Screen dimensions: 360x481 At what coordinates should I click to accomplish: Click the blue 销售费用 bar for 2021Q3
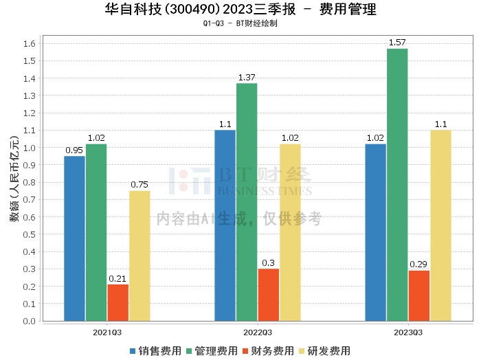pyautogui.click(x=74, y=238)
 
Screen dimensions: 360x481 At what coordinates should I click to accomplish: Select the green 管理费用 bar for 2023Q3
pyautogui.click(x=397, y=185)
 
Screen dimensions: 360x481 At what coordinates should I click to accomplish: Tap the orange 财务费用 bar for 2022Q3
pyautogui.click(x=269, y=295)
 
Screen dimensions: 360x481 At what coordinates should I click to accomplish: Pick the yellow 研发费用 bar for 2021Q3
pyautogui.click(x=139, y=256)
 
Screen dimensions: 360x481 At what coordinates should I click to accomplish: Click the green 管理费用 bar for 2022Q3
pyautogui.click(x=247, y=202)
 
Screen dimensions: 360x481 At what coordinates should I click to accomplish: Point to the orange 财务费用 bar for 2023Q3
pyautogui.click(x=419, y=295)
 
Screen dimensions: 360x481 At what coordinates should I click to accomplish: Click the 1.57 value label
pyautogui.click(x=397, y=43)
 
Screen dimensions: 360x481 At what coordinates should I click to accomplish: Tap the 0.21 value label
pyautogui.click(x=118, y=278)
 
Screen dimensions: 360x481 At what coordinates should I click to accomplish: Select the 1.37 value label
pyautogui.click(x=247, y=78)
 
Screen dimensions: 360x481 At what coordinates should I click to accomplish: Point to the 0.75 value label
pyautogui.click(x=139, y=184)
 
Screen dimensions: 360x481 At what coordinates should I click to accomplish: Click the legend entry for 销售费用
pyautogui.click(x=155, y=351)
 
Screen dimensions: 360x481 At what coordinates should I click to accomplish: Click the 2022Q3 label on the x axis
pyautogui.click(x=258, y=333)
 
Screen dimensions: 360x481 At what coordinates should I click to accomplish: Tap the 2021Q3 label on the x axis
pyautogui.click(x=107, y=333)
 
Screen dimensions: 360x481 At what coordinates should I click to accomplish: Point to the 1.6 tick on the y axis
pyautogui.click(x=31, y=43)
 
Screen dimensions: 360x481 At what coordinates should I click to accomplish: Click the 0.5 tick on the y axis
pyautogui.click(x=31, y=234)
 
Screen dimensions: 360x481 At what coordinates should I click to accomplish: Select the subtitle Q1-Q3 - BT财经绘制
pyautogui.click(x=240, y=23)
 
